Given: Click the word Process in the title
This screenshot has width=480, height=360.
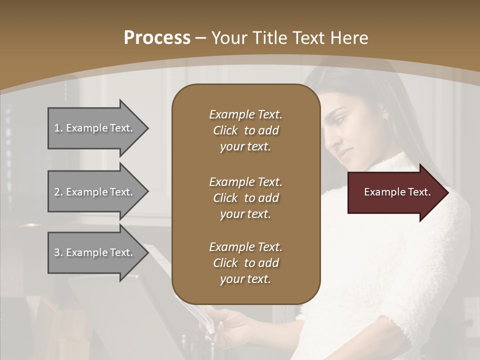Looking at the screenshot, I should (x=157, y=37).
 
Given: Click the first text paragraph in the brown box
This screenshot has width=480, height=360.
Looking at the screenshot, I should (x=245, y=130).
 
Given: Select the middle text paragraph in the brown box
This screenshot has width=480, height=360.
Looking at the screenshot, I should (x=245, y=198).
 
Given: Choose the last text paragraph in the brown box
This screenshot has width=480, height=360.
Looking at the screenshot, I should (x=245, y=263).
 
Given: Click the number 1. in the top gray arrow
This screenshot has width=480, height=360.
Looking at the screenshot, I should (x=58, y=128).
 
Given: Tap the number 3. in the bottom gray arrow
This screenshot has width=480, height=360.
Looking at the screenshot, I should (x=58, y=252).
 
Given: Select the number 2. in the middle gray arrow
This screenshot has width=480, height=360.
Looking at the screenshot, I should (x=58, y=192).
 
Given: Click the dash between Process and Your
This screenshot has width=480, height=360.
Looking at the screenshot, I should (x=201, y=38).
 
